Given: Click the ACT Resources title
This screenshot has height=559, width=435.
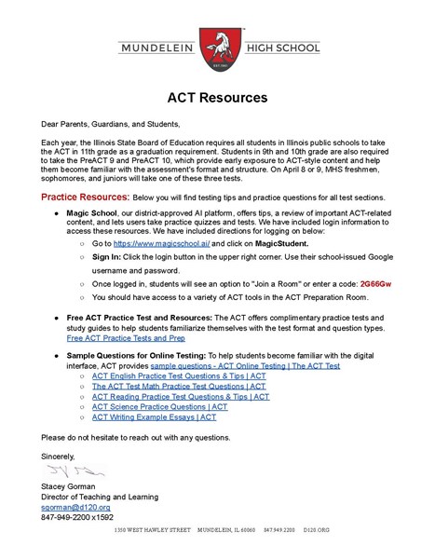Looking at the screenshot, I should click(217, 98).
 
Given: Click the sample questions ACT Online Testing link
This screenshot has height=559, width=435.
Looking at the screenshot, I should click(245, 365).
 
